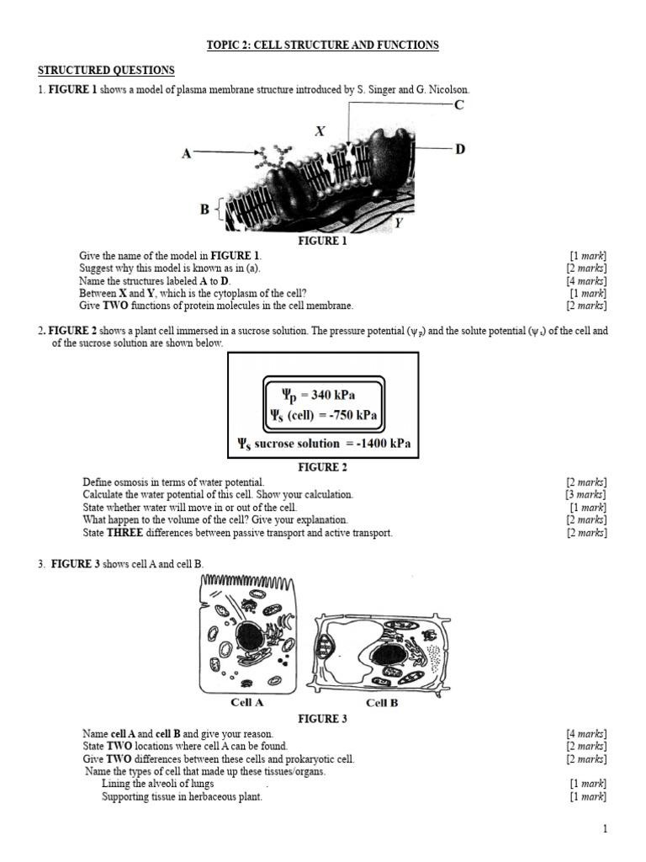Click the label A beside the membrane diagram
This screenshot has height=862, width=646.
pyautogui.click(x=187, y=154)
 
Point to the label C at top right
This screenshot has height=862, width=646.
pyautogui.click(x=458, y=104)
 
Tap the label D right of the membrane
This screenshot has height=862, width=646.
pyautogui.click(x=460, y=149)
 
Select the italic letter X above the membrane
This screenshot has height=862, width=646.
pyautogui.click(x=320, y=130)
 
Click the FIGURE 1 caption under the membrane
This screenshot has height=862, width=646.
pyautogui.click(x=322, y=241)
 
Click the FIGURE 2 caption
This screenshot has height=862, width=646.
pyautogui.click(x=323, y=467)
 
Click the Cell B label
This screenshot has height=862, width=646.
pyautogui.click(x=382, y=703)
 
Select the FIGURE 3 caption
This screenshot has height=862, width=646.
pyautogui.click(x=323, y=719)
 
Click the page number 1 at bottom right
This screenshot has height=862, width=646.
pyautogui.click(x=604, y=829)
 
